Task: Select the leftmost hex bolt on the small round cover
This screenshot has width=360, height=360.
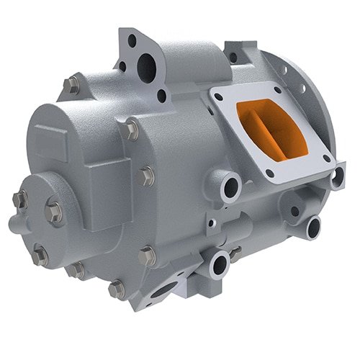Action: pos(19,199)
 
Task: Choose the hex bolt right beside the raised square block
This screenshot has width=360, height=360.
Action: pos(146,175)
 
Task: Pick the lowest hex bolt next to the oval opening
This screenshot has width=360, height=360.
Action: pos(116,289)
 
